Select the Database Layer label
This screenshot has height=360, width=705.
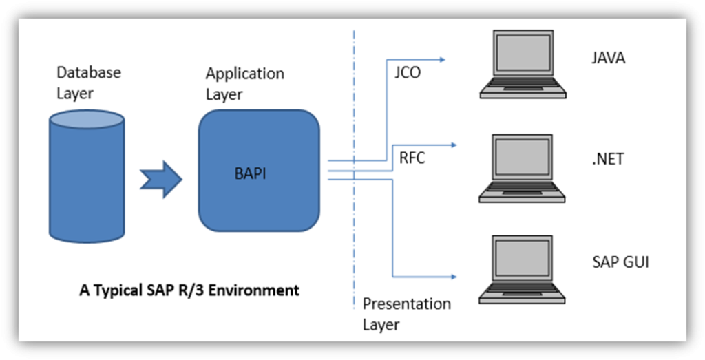click(89, 83)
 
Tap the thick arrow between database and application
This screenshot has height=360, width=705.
click(161, 179)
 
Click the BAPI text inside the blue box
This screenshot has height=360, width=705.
click(251, 173)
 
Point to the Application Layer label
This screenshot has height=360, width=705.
click(244, 84)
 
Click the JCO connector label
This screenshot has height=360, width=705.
click(408, 73)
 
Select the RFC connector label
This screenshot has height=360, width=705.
click(412, 158)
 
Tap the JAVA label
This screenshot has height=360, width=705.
click(609, 58)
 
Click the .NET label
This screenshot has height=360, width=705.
click(608, 159)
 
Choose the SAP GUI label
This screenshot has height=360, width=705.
click(621, 262)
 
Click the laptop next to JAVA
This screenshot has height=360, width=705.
click(523, 64)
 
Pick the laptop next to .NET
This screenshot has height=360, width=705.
click(522, 168)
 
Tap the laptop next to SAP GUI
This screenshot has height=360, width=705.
click(522, 269)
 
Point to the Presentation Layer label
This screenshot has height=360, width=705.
click(406, 314)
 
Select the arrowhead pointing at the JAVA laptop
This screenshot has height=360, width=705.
click(442, 59)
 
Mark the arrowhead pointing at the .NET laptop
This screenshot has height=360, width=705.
click(454, 145)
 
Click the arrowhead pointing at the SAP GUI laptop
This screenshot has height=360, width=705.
click(454, 277)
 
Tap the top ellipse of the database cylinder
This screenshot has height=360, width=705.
click(86, 120)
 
